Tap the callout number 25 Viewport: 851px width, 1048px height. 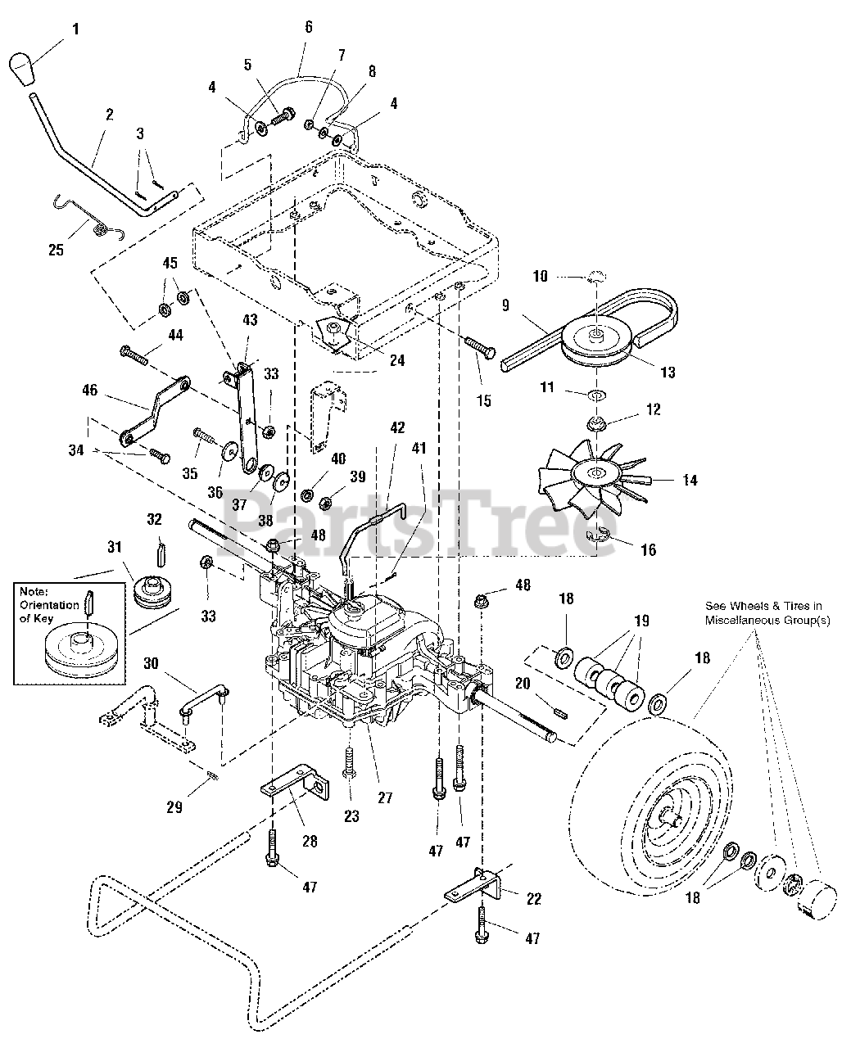(x=56, y=250)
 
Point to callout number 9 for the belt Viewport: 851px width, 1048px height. (x=505, y=305)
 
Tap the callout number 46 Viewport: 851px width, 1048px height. (x=90, y=391)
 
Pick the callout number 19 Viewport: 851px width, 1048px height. (x=641, y=621)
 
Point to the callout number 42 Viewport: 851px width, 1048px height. (x=397, y=427)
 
